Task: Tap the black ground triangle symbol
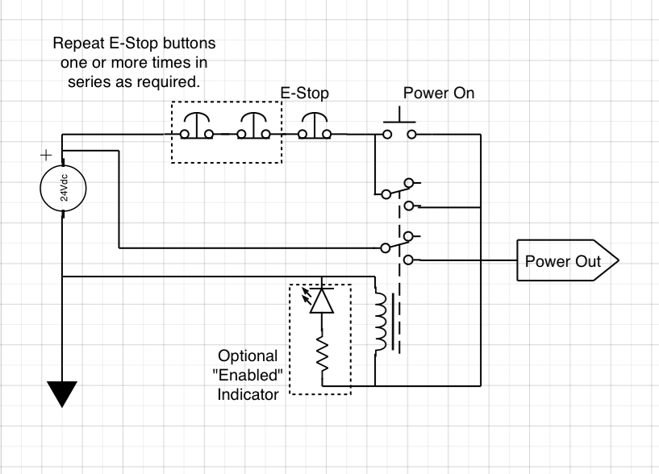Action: (63, 393)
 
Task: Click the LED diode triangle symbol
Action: (321, 300)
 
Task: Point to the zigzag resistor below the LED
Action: (321, 356)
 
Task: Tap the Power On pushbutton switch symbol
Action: (400, 125)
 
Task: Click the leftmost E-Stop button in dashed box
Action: (196, 126)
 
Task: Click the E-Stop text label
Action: (304, 94)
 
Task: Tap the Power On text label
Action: (439, 94)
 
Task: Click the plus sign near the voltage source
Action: (45, 154)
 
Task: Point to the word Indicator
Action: (248, 394)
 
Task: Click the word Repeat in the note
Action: (77, 42)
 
